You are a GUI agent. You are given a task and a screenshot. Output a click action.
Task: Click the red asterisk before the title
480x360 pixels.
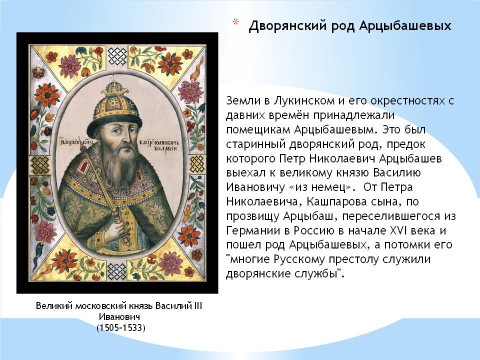pos(235,22)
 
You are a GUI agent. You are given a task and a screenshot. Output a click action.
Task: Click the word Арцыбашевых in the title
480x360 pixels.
pos(405,25)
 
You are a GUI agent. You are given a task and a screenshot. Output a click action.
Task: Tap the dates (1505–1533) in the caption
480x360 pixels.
pos(121,328)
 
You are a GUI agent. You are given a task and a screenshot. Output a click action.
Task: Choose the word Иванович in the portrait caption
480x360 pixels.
pos(119,317)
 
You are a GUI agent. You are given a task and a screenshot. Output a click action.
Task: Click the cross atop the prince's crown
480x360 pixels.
pos(114,77)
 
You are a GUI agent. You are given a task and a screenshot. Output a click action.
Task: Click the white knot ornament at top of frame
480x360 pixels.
pos(117,57)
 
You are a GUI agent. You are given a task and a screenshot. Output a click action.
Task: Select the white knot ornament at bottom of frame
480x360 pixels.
pos(117,271)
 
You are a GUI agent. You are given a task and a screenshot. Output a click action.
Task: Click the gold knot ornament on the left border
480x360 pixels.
pos(40,165)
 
